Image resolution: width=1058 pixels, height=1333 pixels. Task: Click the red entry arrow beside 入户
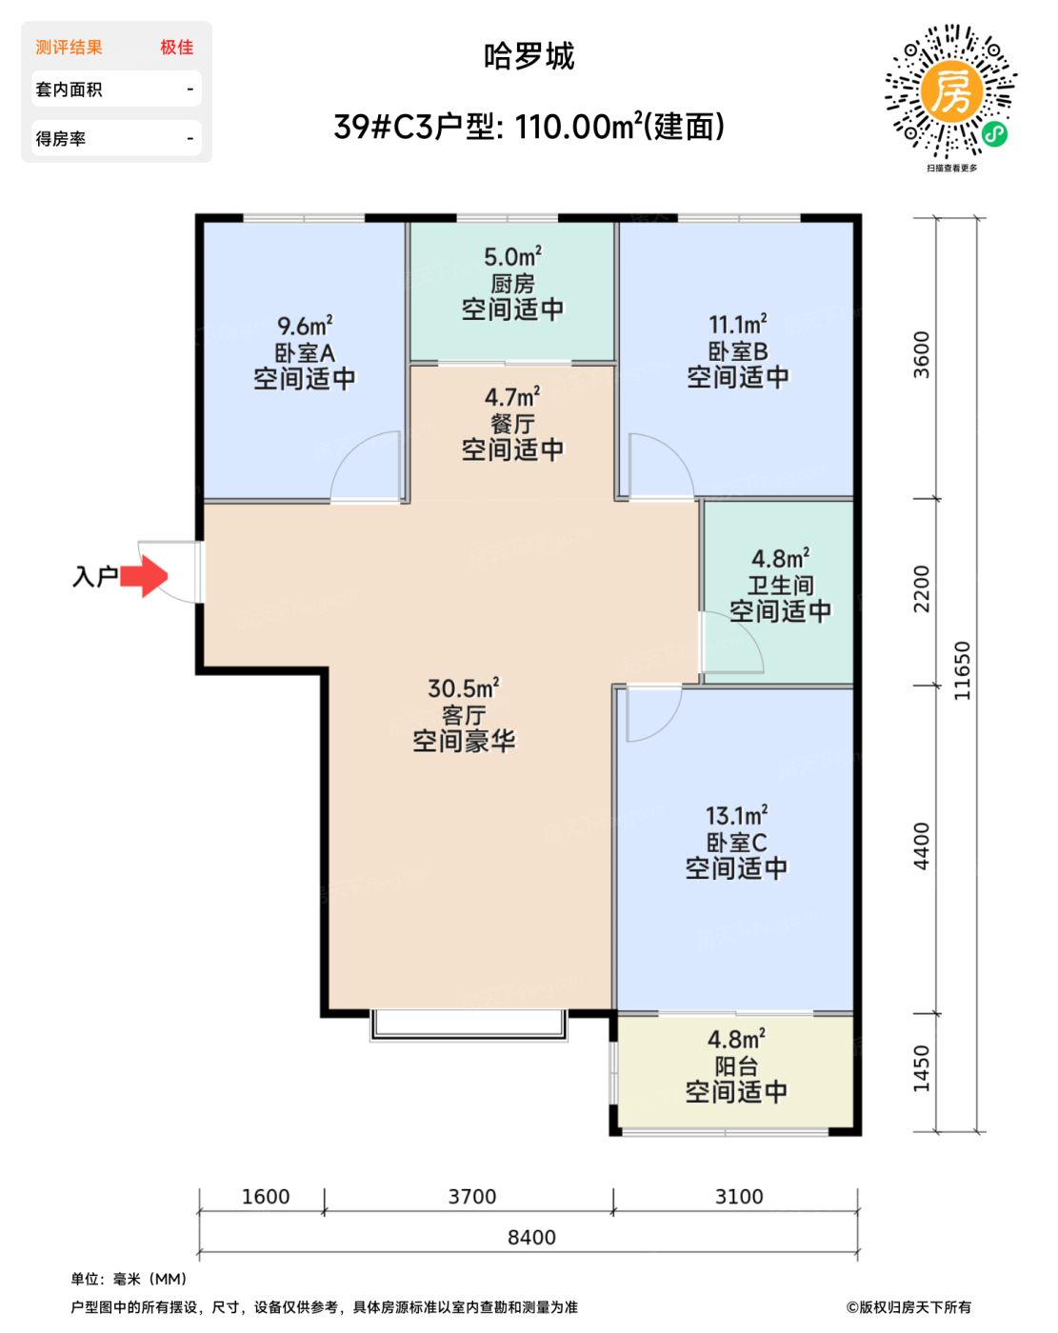(x=144, y=576)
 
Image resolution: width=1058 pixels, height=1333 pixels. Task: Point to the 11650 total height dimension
(x=962, y=670)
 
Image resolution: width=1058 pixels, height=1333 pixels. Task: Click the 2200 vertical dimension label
(x=922, y=589)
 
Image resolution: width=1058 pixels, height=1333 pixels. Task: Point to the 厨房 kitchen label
(x=513, y=284)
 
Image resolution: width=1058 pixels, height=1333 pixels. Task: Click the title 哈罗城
(x=529, y=56)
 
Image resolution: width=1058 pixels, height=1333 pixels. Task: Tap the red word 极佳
(x=177, y=47)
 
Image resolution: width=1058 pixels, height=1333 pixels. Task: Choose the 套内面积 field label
(x=69, y=90)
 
